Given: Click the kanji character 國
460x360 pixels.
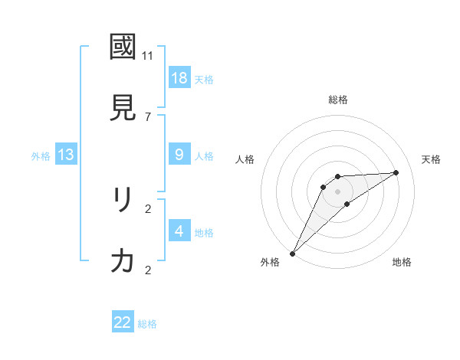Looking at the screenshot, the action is (x=123, y=47).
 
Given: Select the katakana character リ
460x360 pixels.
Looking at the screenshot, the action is (x=123, y=200).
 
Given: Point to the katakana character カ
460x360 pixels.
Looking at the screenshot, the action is (x=123, y=261).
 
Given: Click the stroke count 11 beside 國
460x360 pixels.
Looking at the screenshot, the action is (x=148, y=55).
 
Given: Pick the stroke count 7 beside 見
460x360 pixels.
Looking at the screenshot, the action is (x=148, y=116).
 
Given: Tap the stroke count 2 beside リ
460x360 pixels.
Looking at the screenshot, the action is (x=148, y=208).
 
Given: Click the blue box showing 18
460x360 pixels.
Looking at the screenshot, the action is (x=179, y=77).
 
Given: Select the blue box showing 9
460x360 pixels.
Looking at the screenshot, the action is (x=179, y=155).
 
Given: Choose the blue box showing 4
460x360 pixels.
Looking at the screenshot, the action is (x=179, y=231).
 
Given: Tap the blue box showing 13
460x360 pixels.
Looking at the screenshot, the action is (x=66, y=155).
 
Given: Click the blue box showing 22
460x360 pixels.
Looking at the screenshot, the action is (x=123, y=322).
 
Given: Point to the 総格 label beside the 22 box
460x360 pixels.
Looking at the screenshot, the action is (x=148, y=324).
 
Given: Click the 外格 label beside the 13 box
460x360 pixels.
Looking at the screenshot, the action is (x=41, y=156).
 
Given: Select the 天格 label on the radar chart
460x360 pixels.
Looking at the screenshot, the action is (x=431, y=159).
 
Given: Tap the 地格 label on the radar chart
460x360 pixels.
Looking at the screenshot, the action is (x=402, y=262).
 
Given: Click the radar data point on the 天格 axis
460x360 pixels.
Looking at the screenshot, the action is (x=396, y=172).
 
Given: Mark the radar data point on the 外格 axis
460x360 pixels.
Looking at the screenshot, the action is (x=292, y=253).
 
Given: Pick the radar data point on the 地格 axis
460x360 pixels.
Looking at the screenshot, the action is (x=347, y=204).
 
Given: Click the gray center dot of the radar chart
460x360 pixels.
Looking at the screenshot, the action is (x=338, y=191).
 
